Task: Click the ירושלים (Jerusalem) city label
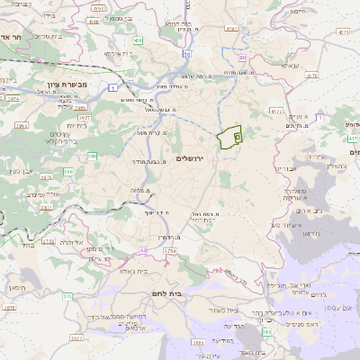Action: [191, 158]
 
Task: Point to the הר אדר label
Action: [17, 38]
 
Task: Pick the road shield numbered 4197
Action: [231, 29]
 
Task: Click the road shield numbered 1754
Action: [171, 250]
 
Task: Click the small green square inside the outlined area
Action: [238, 137]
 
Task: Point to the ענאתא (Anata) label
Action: [290, 66]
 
